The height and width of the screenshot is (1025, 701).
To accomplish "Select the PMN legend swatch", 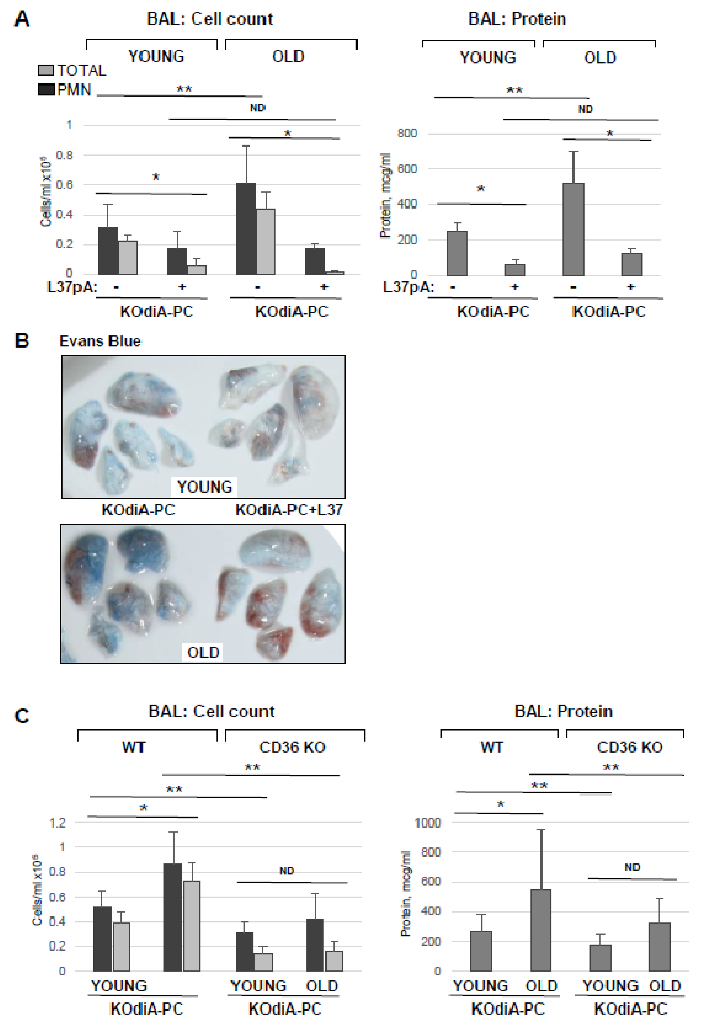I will [46, 90].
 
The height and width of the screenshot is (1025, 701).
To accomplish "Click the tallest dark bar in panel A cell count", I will [246, 228].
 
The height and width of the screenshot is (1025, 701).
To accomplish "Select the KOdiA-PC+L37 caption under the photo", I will [289, 510].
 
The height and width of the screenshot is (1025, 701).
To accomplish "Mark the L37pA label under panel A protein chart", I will [408, 287].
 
